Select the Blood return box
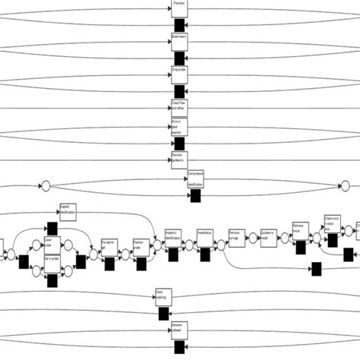[179, 41]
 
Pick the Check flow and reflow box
[179, 106]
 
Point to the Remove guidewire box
[179, 160]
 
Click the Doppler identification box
[68, 211]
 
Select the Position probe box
[141, 246]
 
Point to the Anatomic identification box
[173, 236]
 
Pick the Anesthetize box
[204, 236]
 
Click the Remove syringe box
[235, 236]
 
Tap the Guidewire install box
[267, 236]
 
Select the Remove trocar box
[299, 230]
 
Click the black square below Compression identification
[195, 196]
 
